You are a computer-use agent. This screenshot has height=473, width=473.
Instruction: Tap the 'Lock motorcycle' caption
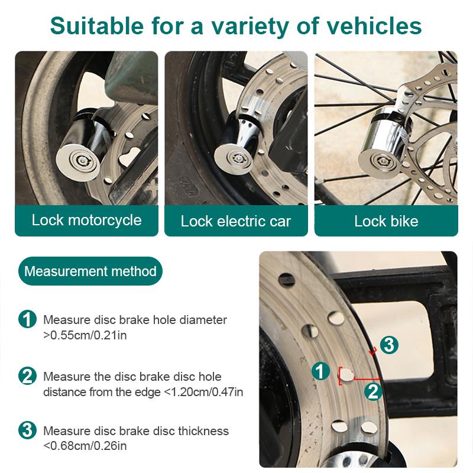(x=87, y=221)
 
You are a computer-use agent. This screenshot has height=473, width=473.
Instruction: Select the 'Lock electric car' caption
(x=236, y=222)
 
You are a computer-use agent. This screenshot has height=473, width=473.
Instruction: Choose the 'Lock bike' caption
(x=386, y=222)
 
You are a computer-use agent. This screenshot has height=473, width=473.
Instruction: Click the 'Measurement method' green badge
(x=90, y=271)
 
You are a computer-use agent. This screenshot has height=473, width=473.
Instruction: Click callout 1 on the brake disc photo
(x=320, y=371)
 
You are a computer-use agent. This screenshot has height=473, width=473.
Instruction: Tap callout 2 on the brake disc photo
(x=372, y=390)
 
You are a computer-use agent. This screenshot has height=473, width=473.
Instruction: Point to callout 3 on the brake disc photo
(x=388, y=345)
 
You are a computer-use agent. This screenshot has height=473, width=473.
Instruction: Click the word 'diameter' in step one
(x=201, y=320)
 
